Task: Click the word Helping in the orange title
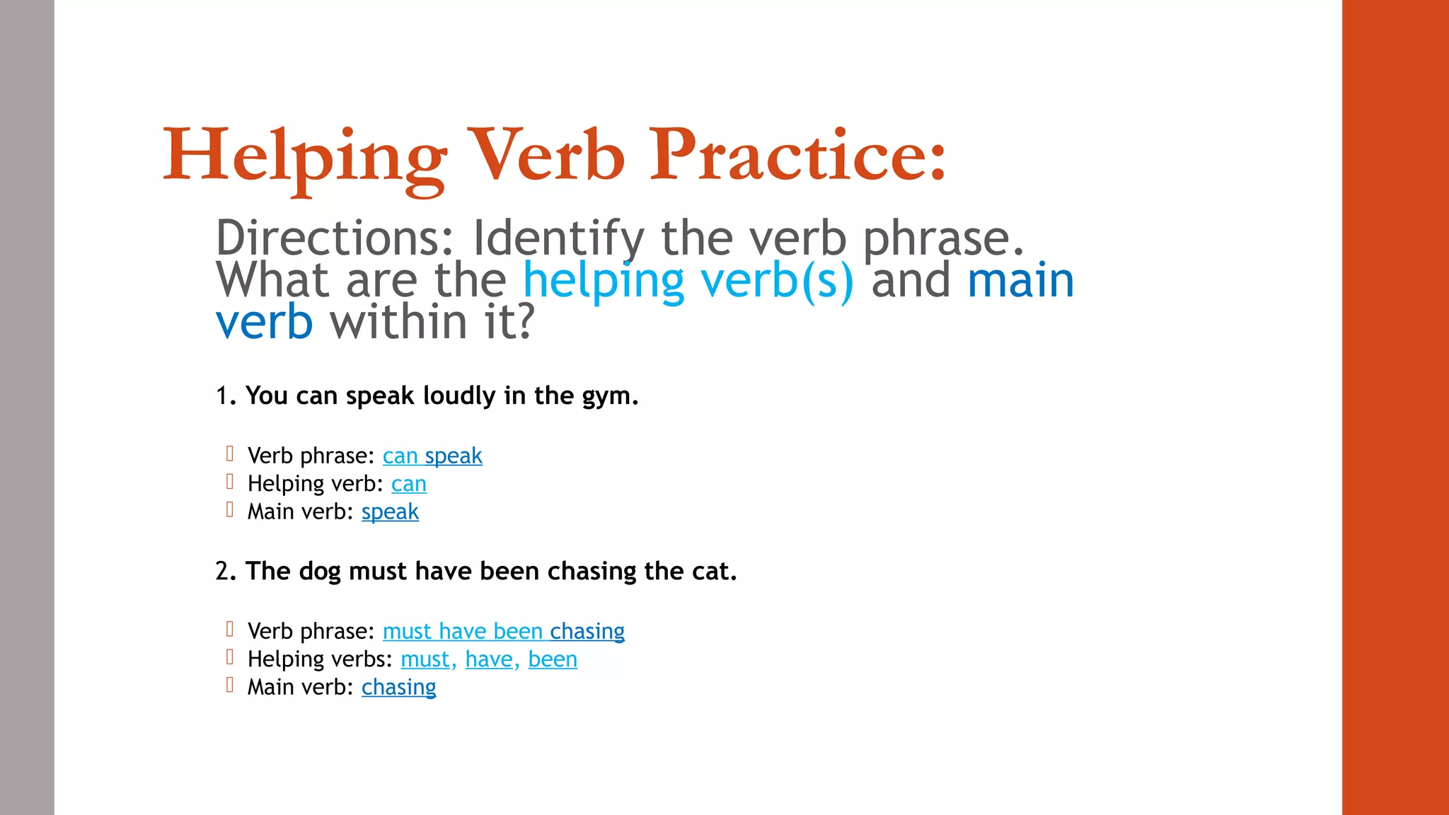coord(304,157)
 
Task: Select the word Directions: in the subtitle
coord(334,238)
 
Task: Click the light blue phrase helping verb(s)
coord(688,281)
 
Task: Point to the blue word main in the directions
coord(1020,281)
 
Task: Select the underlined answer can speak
coord(432,456)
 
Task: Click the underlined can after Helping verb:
coord(408,485)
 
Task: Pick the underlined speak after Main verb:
coord(390,512)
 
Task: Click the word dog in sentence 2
coord(320,572)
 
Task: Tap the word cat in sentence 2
coord(710,572)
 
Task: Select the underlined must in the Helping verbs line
coord(425,659)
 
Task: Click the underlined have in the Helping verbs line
coord(489,659)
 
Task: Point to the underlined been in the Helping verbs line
coord(553,659)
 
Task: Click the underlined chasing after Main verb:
coord(398,688)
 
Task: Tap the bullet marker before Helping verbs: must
coord(229,657)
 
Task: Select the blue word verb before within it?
coord(264,323)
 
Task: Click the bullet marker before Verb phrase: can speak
coord(229,453)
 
